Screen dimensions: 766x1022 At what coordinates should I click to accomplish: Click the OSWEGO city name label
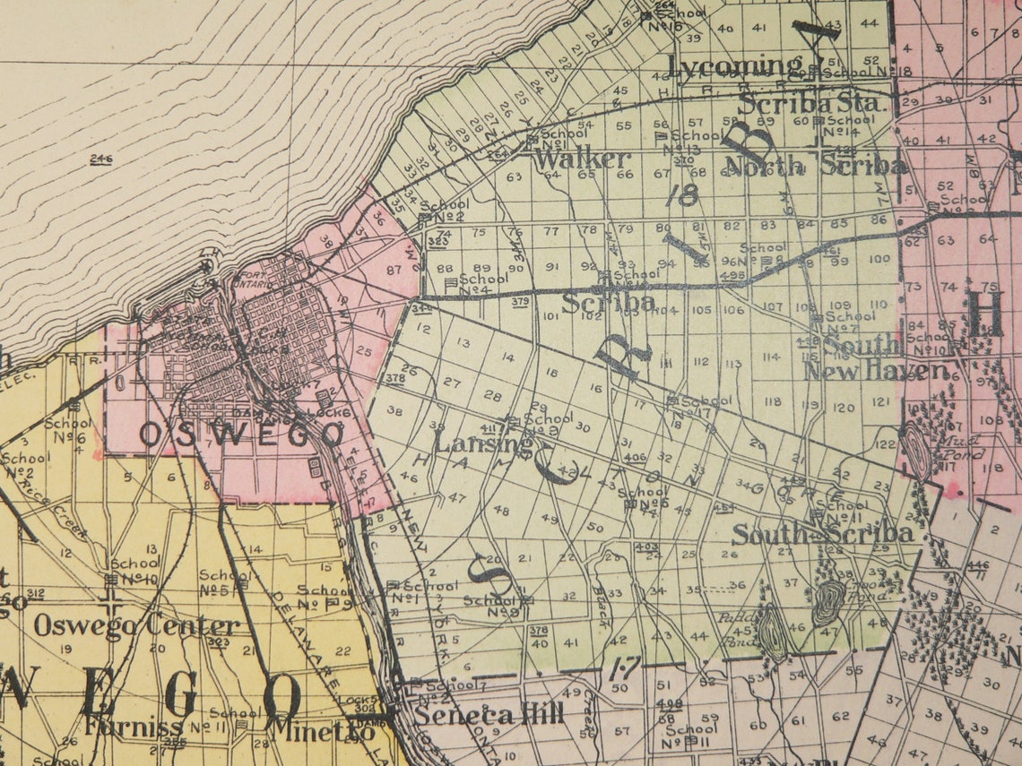pyautogui.click(x=242, y=435)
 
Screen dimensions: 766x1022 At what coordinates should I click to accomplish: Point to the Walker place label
pyautogui.click(x=583, y=159)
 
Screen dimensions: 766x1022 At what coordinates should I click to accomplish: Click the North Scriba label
pyautogui.click(x=815, y=166)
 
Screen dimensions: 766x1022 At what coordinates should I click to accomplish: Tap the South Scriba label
pyautogui.click(x=822, y=534)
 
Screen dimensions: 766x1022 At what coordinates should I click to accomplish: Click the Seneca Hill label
pyautogui.click(x=489, y=715)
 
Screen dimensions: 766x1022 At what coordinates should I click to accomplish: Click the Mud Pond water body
pyautogui.click(x=917, y=451)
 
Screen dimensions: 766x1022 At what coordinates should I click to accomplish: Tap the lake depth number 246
pyautogui.click(x=100, y=159)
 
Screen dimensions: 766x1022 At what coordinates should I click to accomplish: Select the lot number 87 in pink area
pyautogui.click(x=394, y=270)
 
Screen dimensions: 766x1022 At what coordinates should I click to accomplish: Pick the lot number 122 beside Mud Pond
pyautogui.click(x=885, y=443)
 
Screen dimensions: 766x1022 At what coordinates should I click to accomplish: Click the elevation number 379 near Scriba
pyautogui.click(x=520, y=303)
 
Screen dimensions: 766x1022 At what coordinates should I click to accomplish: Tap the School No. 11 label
pyautogui.click(x=841, y=511)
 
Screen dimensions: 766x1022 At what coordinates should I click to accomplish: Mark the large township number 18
pyautogui.click(x=688, y=194)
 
